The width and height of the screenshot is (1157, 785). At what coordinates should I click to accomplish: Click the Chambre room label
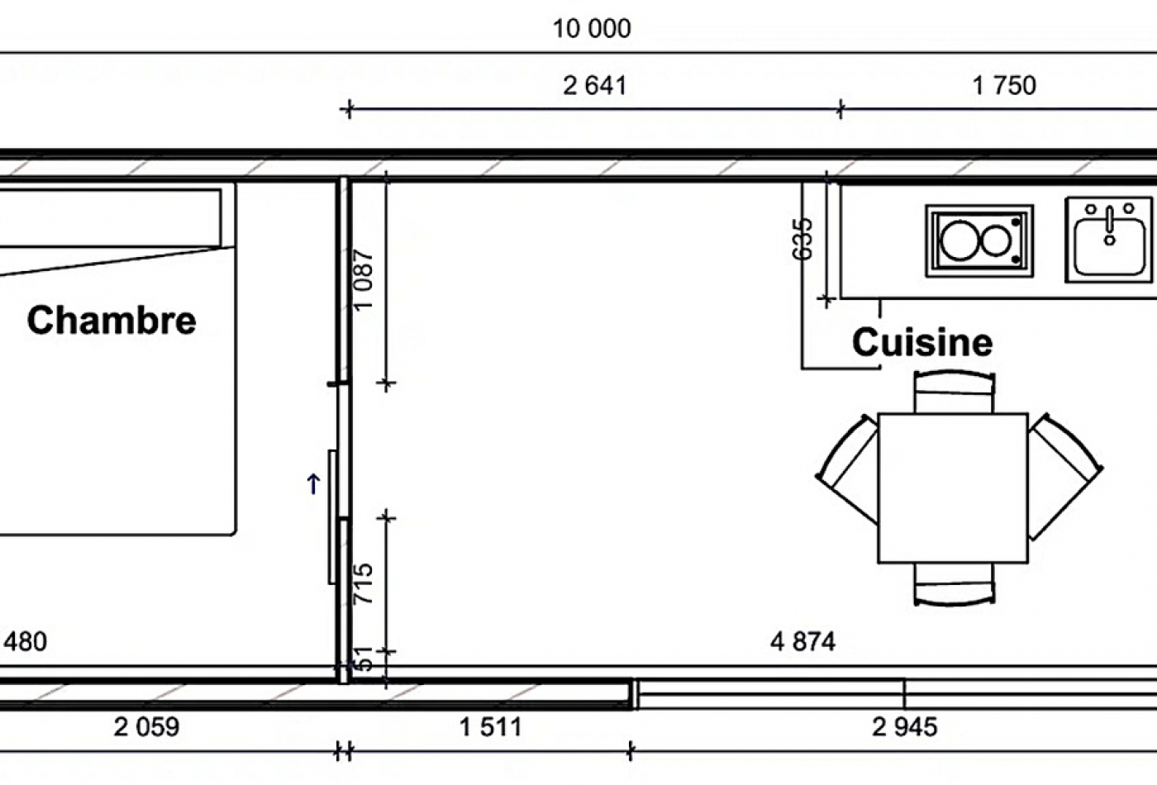pos(112,321)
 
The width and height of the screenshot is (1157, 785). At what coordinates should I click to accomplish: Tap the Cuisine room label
pos(922,342)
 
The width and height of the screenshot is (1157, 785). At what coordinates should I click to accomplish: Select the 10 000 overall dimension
pos(592,29)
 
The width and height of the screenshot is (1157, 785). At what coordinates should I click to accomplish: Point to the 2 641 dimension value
pos(594,86)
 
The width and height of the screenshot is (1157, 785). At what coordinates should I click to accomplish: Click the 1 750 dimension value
pos(1004,86)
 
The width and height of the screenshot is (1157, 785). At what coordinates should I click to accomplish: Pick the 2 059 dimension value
pos(147,727)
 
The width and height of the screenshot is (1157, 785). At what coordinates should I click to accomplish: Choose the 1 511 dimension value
pos(491,727)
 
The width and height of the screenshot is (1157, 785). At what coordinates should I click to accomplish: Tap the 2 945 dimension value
pos(904,727)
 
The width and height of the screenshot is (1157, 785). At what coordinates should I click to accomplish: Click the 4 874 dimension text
pos(802,642)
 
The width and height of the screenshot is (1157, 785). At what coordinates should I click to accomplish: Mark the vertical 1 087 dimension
pos(363,280)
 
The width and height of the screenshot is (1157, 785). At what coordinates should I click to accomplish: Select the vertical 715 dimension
pos(363,583)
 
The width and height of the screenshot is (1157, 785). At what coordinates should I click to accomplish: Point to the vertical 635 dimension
pos(802,239)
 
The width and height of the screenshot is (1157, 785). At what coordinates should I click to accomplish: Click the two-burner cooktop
pos(979,241)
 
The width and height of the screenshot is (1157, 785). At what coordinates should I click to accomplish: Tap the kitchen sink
pos(1109,240)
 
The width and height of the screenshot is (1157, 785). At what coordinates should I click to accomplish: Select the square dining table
pos(953,488)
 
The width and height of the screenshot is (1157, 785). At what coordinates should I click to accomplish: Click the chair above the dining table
pos(954,391)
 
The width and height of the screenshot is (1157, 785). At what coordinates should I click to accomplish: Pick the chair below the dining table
pos(954,584)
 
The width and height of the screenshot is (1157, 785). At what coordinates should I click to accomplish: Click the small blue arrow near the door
pos(313,484)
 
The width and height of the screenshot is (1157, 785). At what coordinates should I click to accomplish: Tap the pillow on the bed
pos(111,218)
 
